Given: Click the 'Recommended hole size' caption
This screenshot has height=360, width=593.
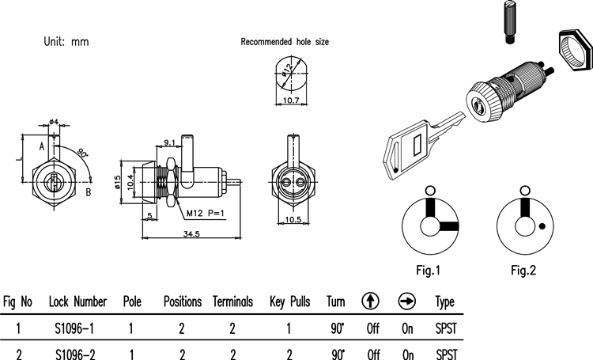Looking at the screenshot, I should (x=285, y=42).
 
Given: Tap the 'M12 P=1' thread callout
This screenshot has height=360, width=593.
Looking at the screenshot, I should (x=208, y=212).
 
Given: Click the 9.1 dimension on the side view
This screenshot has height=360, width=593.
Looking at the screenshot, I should (x=170, y=142).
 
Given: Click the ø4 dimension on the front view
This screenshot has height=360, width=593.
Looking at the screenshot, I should (x=54, y=121).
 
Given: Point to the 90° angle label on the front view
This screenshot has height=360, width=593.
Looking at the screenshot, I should (x=83, y=152).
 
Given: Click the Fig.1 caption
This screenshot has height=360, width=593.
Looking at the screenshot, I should (x=428, y=271).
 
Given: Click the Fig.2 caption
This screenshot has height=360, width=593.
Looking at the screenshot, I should (x=523, y=271).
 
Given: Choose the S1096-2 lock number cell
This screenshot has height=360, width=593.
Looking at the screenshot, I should (x=77, y=354).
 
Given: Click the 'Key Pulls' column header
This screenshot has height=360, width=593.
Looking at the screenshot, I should (x=289, y=302).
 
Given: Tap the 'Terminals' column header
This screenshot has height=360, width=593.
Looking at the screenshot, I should (x=232, y=302).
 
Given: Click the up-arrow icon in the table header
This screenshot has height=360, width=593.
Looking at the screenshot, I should (x=370, y=301).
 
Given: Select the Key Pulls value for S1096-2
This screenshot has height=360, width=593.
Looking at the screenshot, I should (x=289, y=354).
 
